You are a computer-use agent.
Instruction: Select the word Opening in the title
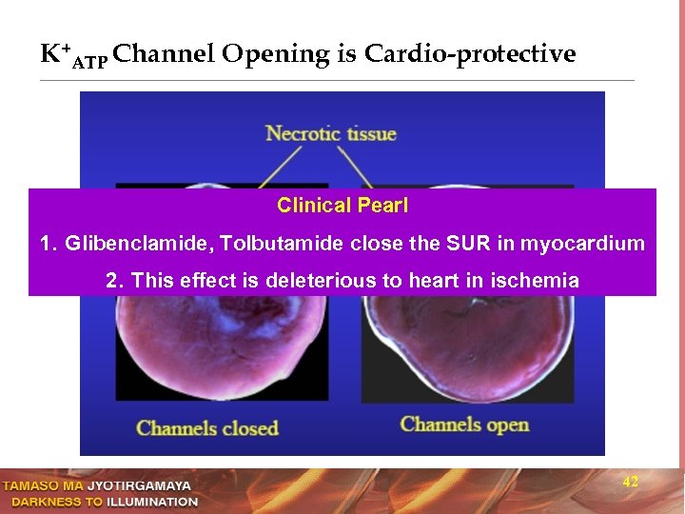pyautogui.click(x=276, y=54)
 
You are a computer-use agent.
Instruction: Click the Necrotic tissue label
pyautogui.click(x=331, y=133)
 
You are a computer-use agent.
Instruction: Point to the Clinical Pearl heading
pyautogui.click(x=342, y=206)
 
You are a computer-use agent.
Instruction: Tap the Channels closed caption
pyautogui.click(x=207, y=427)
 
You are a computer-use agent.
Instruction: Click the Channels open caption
pyautogui.click(x=464, y=424)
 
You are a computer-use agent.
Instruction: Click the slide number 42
pyautogui.click(x=630, y=483)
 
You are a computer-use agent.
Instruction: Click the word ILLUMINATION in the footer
pyautogui.click(x=152, y=502)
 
